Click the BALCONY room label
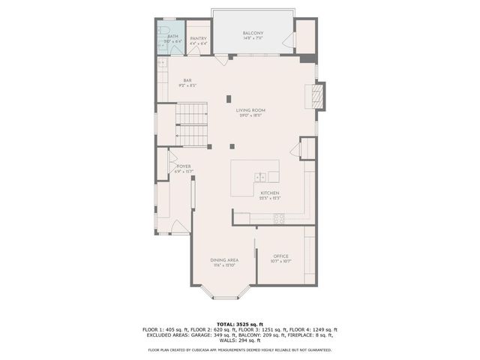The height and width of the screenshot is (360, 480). (253, 33)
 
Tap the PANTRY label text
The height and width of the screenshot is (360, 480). (198, 38)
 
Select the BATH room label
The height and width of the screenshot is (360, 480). (173, 36)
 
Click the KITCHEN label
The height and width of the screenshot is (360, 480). (269, 193)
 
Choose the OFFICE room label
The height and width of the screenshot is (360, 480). (280, 256)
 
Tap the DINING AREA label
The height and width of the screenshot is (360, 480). (224, 259)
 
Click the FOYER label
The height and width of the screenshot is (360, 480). (184, 166)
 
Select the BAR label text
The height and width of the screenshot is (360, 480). (188, 80)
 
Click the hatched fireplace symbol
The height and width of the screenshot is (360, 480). (317, 95)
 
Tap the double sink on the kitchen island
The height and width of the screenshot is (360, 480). (260, 177)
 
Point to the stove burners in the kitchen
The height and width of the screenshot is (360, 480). (278, 218)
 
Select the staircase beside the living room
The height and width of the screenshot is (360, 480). (191, 124)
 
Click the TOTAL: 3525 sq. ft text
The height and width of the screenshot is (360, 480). (239, 323)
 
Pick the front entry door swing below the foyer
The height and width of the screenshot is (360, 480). (181, 227)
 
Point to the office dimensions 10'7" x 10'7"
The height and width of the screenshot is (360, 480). (280, 262)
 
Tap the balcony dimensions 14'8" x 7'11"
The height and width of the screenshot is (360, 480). (253, 38)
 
